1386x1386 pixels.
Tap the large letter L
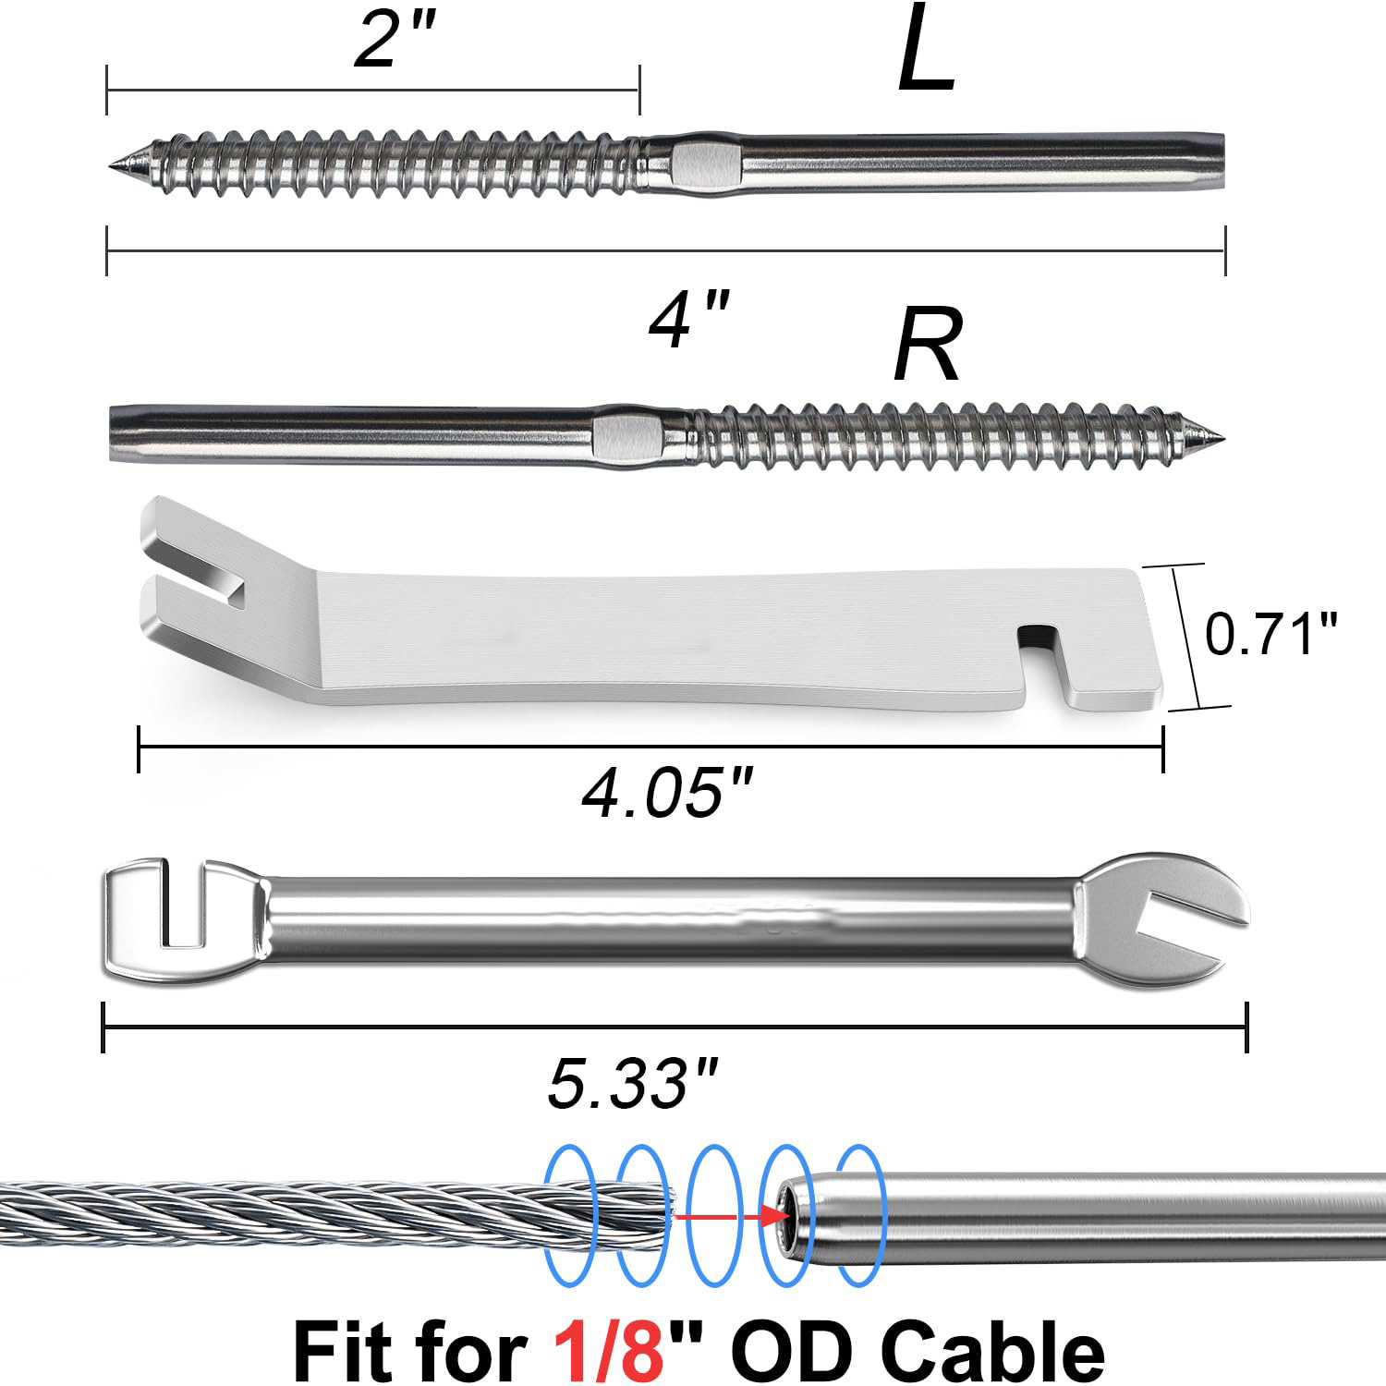[926, 50]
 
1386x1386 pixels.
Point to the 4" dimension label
[689, 319]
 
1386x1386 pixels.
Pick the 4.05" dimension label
[668, 793]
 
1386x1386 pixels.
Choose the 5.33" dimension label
[633, 1083]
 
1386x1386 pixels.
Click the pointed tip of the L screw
[110, 165]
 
